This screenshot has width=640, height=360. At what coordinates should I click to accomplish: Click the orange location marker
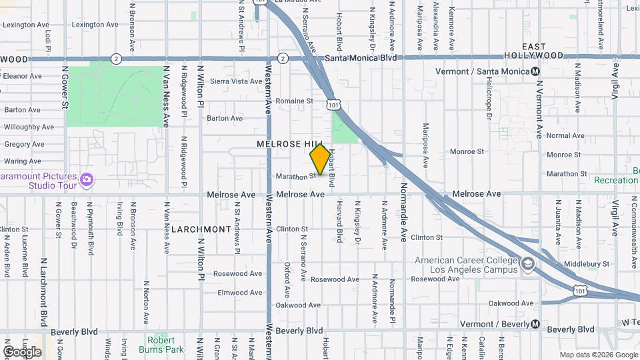320,159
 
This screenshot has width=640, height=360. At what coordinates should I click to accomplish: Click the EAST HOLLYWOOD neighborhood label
543,51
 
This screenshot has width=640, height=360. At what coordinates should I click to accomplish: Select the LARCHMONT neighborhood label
201,229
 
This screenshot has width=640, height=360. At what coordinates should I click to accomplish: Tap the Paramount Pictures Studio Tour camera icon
86,180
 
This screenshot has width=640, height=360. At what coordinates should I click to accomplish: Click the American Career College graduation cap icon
528,265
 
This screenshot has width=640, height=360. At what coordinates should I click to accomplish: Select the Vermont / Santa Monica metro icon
535,71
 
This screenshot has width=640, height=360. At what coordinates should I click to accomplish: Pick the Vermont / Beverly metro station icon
535,325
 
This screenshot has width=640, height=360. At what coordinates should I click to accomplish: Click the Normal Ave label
565,136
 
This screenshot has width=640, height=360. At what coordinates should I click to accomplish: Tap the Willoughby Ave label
29,127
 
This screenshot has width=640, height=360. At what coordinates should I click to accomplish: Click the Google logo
22,351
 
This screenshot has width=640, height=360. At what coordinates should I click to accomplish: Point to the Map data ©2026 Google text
599,355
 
